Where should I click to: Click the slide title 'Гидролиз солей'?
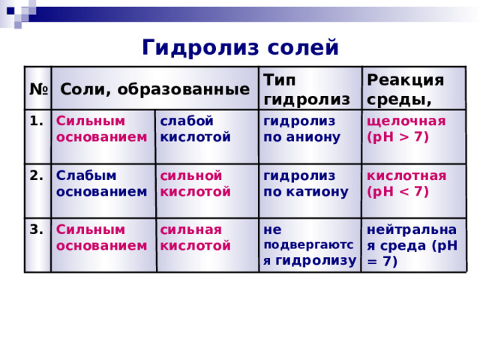pyautogui.click(x=240, y=47)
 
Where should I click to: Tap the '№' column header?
pyautogui.click(x=38, y=89)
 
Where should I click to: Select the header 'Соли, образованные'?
pyautogui.click(x=155, y=89)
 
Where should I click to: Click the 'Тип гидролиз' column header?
pyautogui.click(x=307, y=90)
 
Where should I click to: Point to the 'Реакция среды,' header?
pyautogui.click(x=405, y=90)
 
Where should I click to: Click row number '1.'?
pyautogui.click(x=37, y=121)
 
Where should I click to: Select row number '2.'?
pyautogui.click(x=37, y=175)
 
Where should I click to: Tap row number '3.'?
pyautogui.click(x=37, y=229)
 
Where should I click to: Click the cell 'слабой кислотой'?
pyautogui.click(x=195, y=129)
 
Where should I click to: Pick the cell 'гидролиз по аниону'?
pyautogui.click(x=301, y=129)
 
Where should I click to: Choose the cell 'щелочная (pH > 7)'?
pyautogui.click(x=406, y=129)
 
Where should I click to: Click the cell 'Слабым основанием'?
pyautogui.click(x=102, y=183)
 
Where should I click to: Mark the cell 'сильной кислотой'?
pyautogui.click(x=195, y=183)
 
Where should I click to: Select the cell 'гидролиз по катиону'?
pyautogui.click(x=306, y=183)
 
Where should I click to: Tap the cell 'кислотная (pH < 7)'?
pyautogui.click(x=406, y=183)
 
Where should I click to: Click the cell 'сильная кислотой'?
pyautogui.click(x=195, y=238)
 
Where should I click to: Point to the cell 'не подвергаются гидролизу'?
pyautogui.click(x=310, y=245)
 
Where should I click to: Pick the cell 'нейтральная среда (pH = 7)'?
pyautogui.click(x=412, y=245)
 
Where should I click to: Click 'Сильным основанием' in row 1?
pyautogui.click(x=102, y=129)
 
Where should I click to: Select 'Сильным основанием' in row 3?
pyautogui.click(x=102, y=238)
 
